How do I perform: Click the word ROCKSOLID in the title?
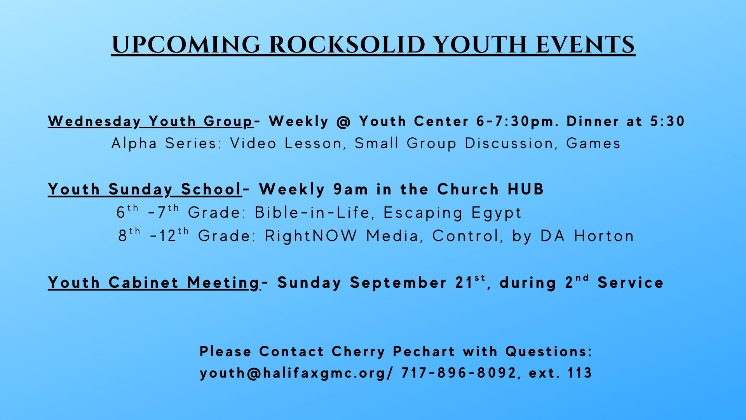pos(348,45)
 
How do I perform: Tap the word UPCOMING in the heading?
pos(186,45)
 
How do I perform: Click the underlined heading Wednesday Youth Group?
pos(151,121)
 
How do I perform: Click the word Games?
pos(593,143)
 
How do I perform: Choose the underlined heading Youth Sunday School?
pos(145,189)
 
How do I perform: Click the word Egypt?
pos(497,213)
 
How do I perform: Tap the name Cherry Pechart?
pos(393,352)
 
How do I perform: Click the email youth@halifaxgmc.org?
pos(293,373)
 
